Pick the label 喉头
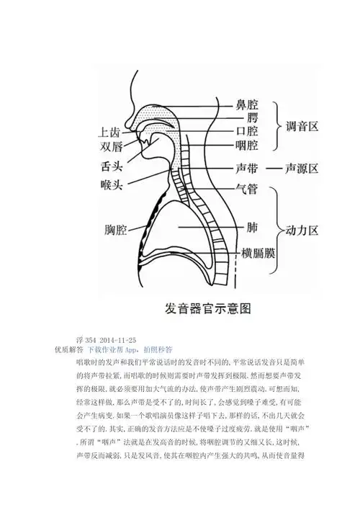(115, 185)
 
